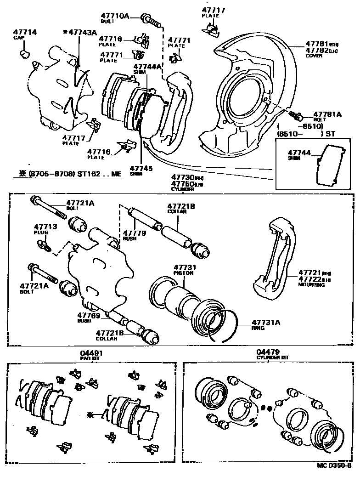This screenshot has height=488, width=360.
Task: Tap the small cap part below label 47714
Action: pos(24,55)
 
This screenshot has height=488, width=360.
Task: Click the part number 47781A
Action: pos(327,114)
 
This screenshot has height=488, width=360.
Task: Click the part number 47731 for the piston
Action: pos(185,267)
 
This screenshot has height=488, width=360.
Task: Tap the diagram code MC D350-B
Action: pos(334,478)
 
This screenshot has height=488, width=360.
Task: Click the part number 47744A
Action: pos(147,67)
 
